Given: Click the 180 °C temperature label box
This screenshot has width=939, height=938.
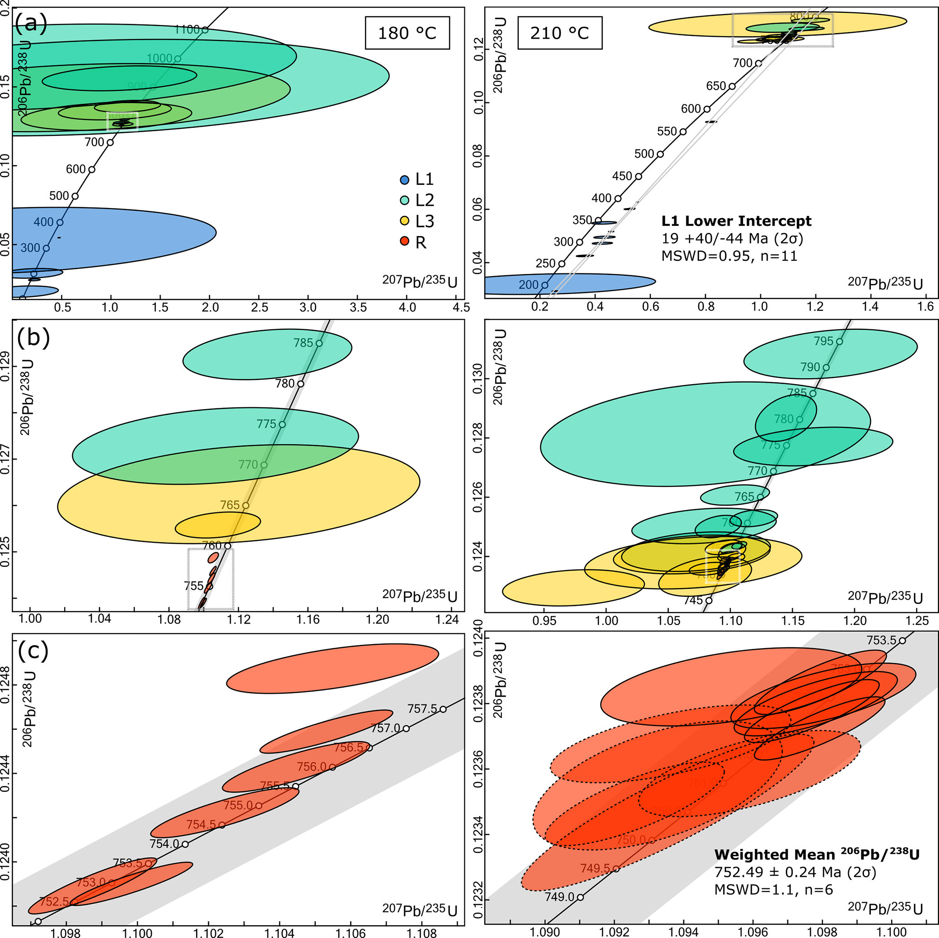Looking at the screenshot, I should (407, 33).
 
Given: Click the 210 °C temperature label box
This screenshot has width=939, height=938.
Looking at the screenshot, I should (560, 33).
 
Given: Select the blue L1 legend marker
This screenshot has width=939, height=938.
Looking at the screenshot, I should (404, 180).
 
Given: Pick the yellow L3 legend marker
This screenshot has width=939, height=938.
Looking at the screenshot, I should (404, 222).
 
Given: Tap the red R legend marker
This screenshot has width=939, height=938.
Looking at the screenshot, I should (404, 242).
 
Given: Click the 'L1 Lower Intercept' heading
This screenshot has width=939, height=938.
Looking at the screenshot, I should (736, 221).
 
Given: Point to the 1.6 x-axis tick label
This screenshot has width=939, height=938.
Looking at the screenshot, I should (926, 306).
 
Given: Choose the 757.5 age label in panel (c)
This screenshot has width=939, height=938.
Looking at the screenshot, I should (423, 709).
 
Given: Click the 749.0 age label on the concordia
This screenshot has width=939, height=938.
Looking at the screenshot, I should (559, 897).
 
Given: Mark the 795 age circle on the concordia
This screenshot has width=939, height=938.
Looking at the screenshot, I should (840, 342).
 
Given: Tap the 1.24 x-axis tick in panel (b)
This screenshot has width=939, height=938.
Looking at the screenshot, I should (447, 619).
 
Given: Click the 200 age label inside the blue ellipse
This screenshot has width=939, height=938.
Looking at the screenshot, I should (529, 285).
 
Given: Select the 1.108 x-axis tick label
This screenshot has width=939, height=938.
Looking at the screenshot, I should (422, 932).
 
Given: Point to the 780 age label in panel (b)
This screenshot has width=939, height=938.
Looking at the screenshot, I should (285, 383).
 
